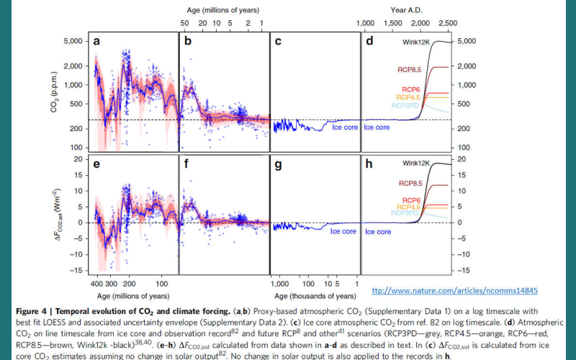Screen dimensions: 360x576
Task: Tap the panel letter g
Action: [278, 164]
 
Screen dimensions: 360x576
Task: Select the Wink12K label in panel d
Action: [418, 42]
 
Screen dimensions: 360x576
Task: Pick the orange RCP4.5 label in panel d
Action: [407, 97]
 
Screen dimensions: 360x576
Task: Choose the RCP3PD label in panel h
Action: [405, 213]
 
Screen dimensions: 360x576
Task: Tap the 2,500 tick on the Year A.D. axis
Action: [448, 24]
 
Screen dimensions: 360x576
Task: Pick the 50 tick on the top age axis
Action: [185, 24]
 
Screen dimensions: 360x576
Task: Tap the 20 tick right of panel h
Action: [464, 158]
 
